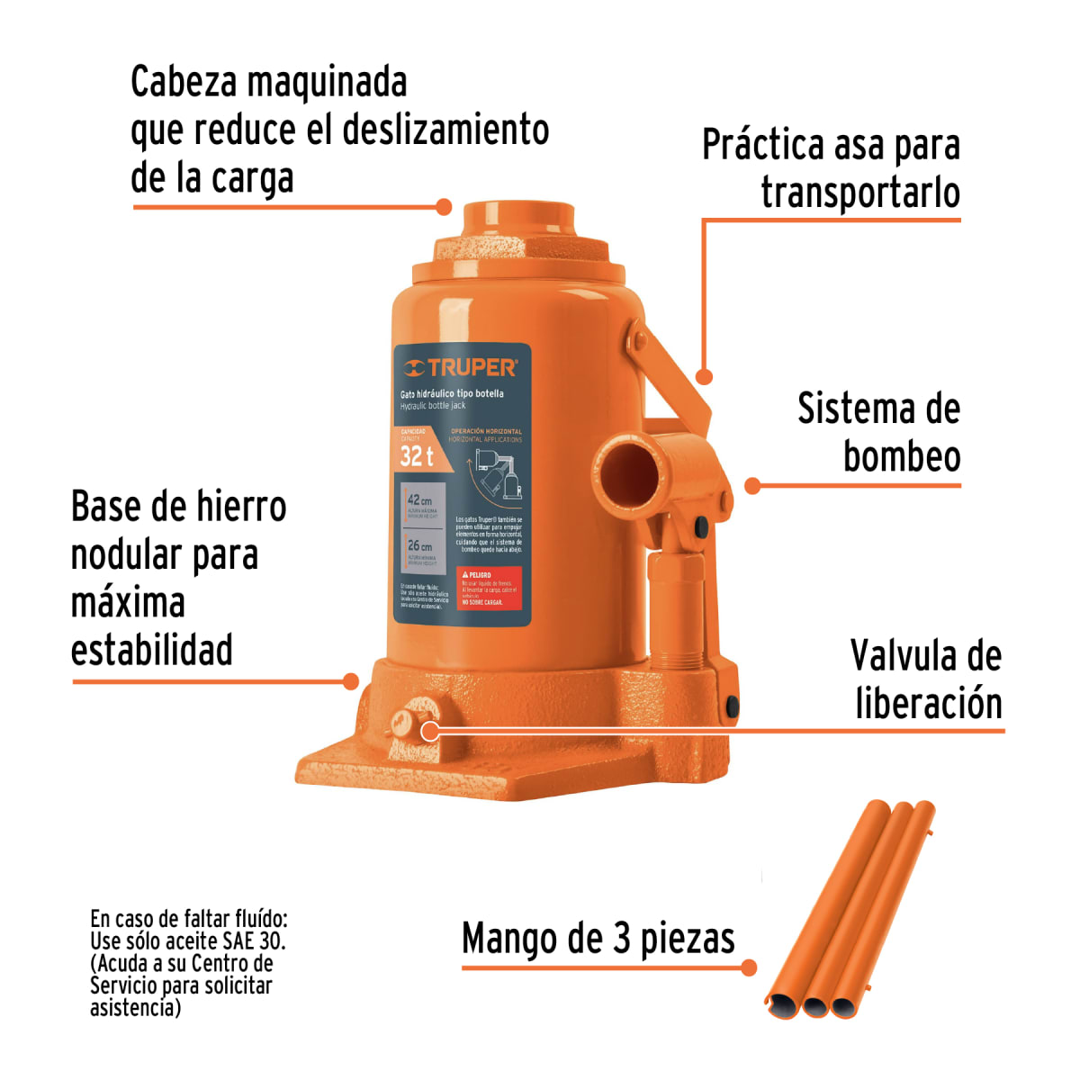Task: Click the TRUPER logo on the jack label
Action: tap(460, 367)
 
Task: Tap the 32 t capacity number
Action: tap(417, 456)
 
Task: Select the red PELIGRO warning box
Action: tap(490, 588)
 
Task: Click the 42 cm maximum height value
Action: tap(419, 500)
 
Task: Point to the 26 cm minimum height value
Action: tap(419, 545)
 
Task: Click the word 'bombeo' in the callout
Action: tap(902, 456)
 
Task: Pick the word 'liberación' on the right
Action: tap(929, 703)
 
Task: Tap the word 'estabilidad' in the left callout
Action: tap(152, 650)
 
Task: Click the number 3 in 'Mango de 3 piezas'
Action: tap(622, 938)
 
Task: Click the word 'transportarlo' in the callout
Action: tap(860, 193)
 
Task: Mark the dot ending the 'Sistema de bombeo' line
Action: tap(753, 486)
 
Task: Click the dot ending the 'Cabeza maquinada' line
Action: tap(444, 207)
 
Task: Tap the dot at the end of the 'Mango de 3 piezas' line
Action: tap(749, 968)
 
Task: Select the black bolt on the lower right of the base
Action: tap(732, 706)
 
